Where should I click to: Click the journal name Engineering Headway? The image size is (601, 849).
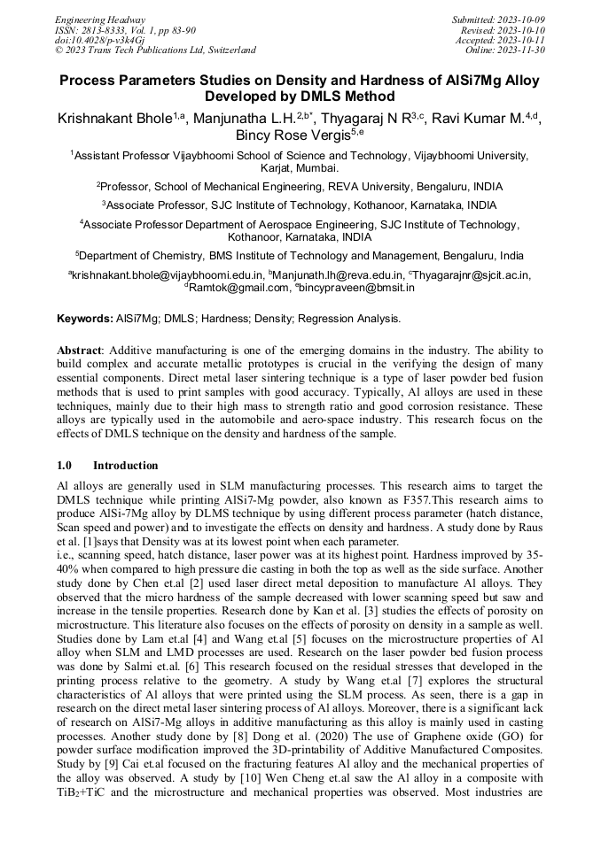click(100, 19)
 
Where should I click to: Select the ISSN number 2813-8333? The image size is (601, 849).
click(104, 29)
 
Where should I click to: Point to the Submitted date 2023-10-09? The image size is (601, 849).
click(521, 19)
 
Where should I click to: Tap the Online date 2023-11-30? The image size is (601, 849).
click(522, 50)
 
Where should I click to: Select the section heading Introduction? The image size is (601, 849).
click(125, 465)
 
